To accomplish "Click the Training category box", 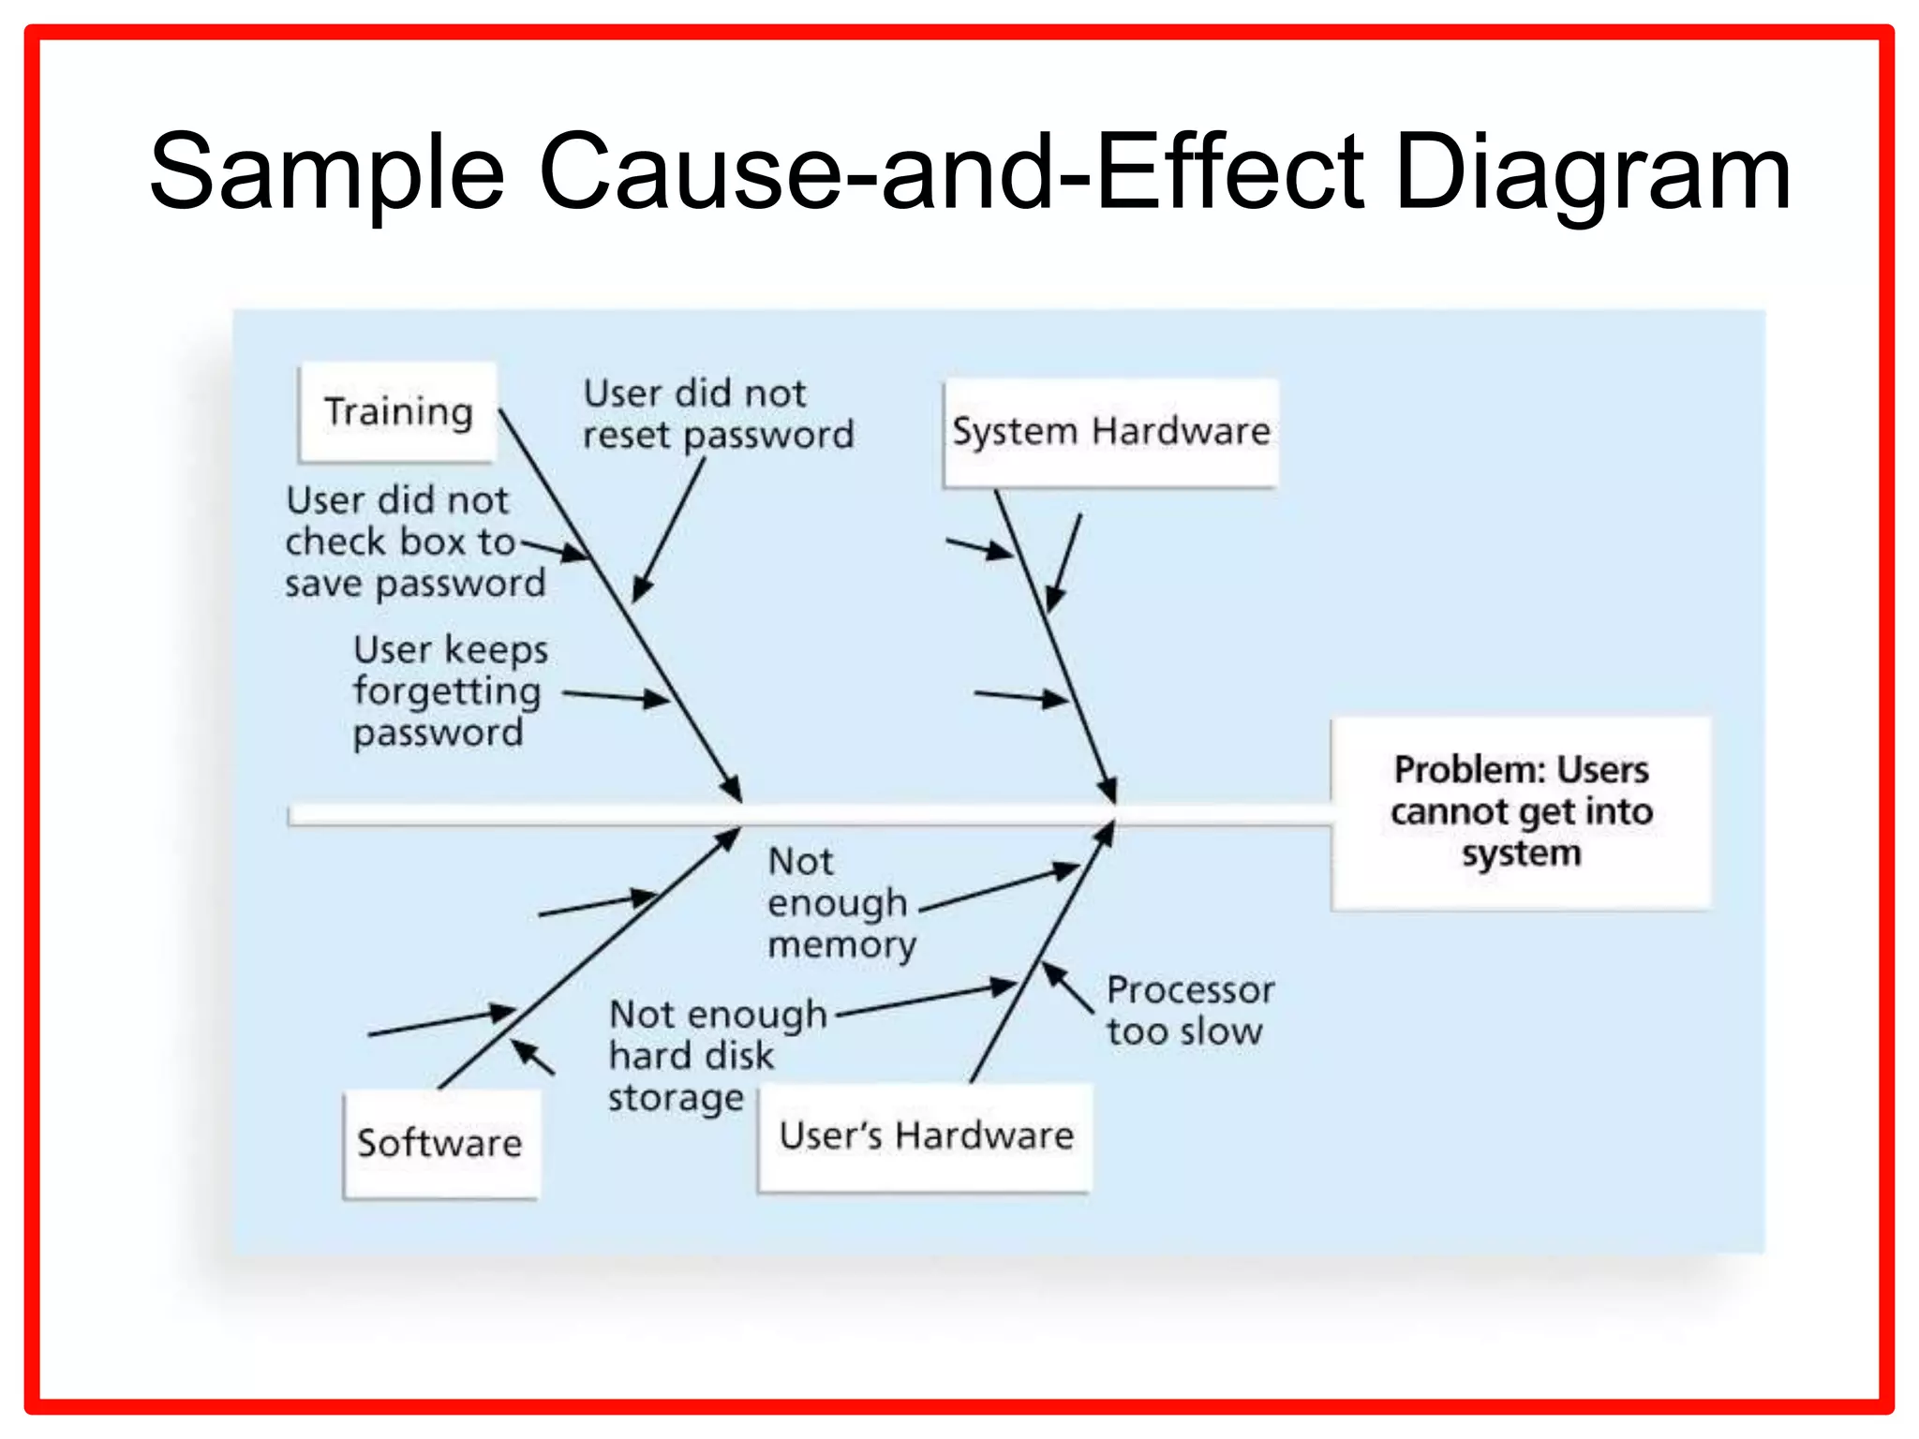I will tap(397, 412).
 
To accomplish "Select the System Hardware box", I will tap(1110, 432).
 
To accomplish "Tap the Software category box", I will tap(439, 1143).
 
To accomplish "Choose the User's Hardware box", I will tap(926, 1136).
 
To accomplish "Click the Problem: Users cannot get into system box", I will tap(1521, 812).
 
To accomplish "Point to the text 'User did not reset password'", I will tap(718, 414).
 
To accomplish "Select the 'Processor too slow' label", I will tap(1189, 1011).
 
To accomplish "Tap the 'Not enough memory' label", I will tap(840, 903).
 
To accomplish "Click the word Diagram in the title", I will tap(1592, 173).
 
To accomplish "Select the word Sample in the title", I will tap(327, 173).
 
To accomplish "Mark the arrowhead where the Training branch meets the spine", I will tap(732, 787).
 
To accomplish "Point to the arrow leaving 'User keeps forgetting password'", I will tap(616, 696).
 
